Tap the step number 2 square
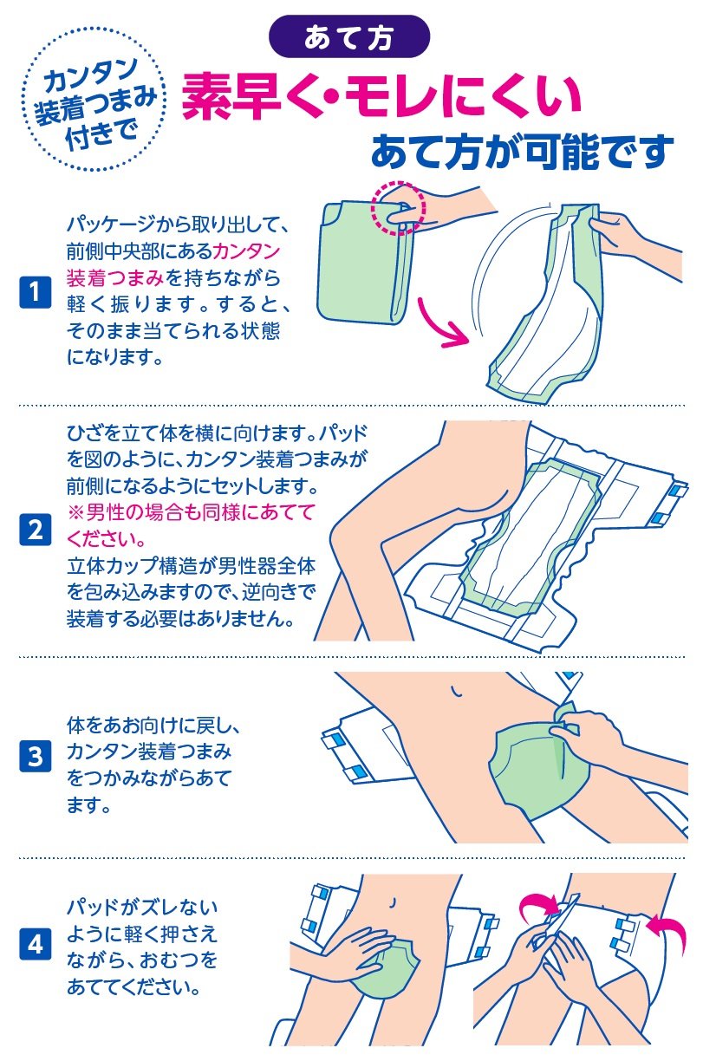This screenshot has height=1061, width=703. pos(34,529)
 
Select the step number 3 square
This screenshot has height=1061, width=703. pos(34,757)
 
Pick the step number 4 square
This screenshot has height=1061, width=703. pos(34,945)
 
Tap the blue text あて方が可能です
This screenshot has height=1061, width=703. pos(522,151)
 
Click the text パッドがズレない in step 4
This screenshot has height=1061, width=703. pos(142,908)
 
